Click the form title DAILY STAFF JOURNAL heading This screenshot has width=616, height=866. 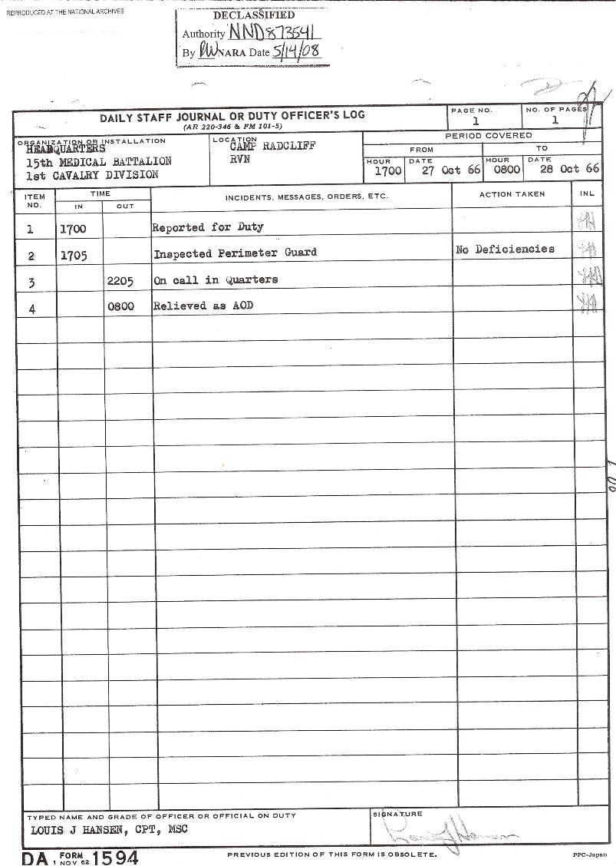coord(232,117)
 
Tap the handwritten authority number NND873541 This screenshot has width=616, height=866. coord(274,32)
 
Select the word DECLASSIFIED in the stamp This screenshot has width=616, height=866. coord(253,15)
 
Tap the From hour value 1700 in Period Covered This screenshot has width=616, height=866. coord(387,170)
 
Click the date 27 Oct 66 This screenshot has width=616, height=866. coord(451,170)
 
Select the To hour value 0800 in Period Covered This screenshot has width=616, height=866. coord(506,170)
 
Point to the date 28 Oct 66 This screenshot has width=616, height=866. coord(569,169)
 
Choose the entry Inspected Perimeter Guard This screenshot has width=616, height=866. coord(235,253)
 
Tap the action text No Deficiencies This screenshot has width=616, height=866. coord(505,250)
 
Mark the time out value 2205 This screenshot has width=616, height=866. coord(120,281)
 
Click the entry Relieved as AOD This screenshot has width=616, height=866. coord(203,306)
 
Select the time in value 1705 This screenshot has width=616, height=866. coord(73,256)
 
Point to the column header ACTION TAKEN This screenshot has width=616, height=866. coord(512,194)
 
